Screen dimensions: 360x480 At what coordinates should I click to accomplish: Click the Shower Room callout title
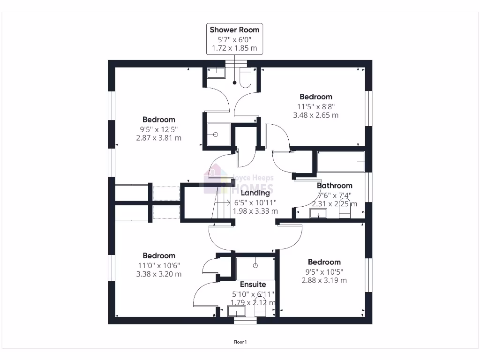[234, 30]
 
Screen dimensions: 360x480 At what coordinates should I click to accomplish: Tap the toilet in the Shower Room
[245, 78]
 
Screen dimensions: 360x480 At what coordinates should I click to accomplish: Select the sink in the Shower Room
[216, 72]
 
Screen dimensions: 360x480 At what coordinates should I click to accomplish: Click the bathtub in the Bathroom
[340, 162]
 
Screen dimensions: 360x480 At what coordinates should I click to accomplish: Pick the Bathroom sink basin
[318, 214]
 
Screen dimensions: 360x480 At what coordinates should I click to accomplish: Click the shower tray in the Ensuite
[255, 269]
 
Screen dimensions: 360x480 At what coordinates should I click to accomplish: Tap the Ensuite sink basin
[236, 311]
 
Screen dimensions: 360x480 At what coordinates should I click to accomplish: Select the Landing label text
[255, 193]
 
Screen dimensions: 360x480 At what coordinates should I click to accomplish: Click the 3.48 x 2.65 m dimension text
[315, 115]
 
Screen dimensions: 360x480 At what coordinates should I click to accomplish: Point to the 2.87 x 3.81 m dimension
[158, 138]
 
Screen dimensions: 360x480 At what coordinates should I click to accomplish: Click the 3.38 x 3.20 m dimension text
[158, 274]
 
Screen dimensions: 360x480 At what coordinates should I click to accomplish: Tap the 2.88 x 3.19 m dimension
[324, 280]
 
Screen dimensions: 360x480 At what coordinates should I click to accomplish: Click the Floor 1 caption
[240, 342]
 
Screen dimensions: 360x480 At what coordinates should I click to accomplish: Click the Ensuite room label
[253, 285]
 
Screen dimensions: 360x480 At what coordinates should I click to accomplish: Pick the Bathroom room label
[334, 186]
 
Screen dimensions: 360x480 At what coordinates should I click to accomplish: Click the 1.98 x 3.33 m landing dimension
[256, 211]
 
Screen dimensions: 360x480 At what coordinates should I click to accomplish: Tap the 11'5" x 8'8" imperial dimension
[315, 106]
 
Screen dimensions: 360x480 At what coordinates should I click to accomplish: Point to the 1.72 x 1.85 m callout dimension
[234, 48]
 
